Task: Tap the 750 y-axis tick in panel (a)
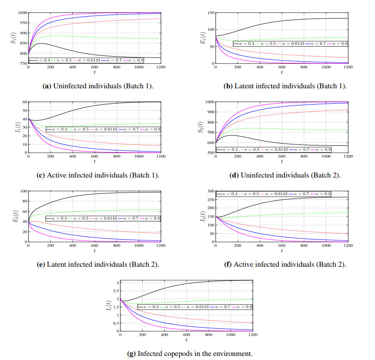tap(22, 64)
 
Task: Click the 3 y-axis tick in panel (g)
tap(116, 283)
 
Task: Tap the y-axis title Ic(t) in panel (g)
tap(107, 306)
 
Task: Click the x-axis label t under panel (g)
tap(186, 340)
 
